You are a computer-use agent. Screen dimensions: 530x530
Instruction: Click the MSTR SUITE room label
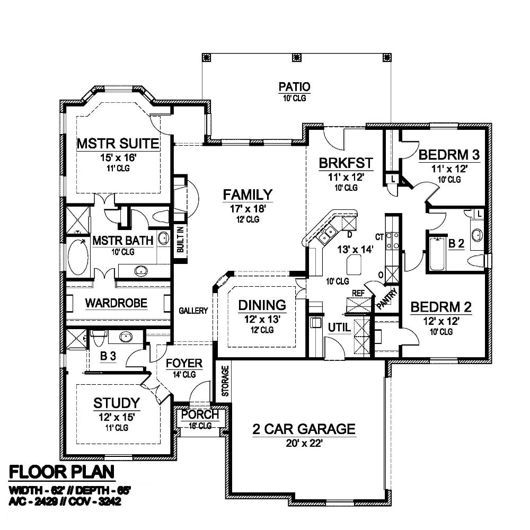(118, 144)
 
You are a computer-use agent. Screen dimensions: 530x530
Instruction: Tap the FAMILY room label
(248, 195)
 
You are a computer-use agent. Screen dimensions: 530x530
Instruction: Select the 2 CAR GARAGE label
(304, 429)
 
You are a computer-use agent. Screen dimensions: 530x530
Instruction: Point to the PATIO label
(294, 87)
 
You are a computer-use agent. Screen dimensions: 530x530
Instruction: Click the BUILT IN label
(180, 240)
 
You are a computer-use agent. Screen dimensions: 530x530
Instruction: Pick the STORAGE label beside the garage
(225, 381)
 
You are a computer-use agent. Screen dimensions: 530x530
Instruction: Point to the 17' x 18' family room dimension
(248, 209)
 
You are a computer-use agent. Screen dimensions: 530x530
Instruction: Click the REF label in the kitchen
(358, 293)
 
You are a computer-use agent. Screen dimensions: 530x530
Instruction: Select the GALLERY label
(193, 310)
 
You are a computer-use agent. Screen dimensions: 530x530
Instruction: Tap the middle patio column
(296, 57)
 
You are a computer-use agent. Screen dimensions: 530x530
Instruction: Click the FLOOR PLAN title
(61, 472)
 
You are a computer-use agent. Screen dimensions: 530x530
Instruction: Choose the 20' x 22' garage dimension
(304, 443)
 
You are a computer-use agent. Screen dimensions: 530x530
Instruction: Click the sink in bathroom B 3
(126, 337)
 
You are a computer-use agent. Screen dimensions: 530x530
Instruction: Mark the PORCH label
(200, 414)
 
